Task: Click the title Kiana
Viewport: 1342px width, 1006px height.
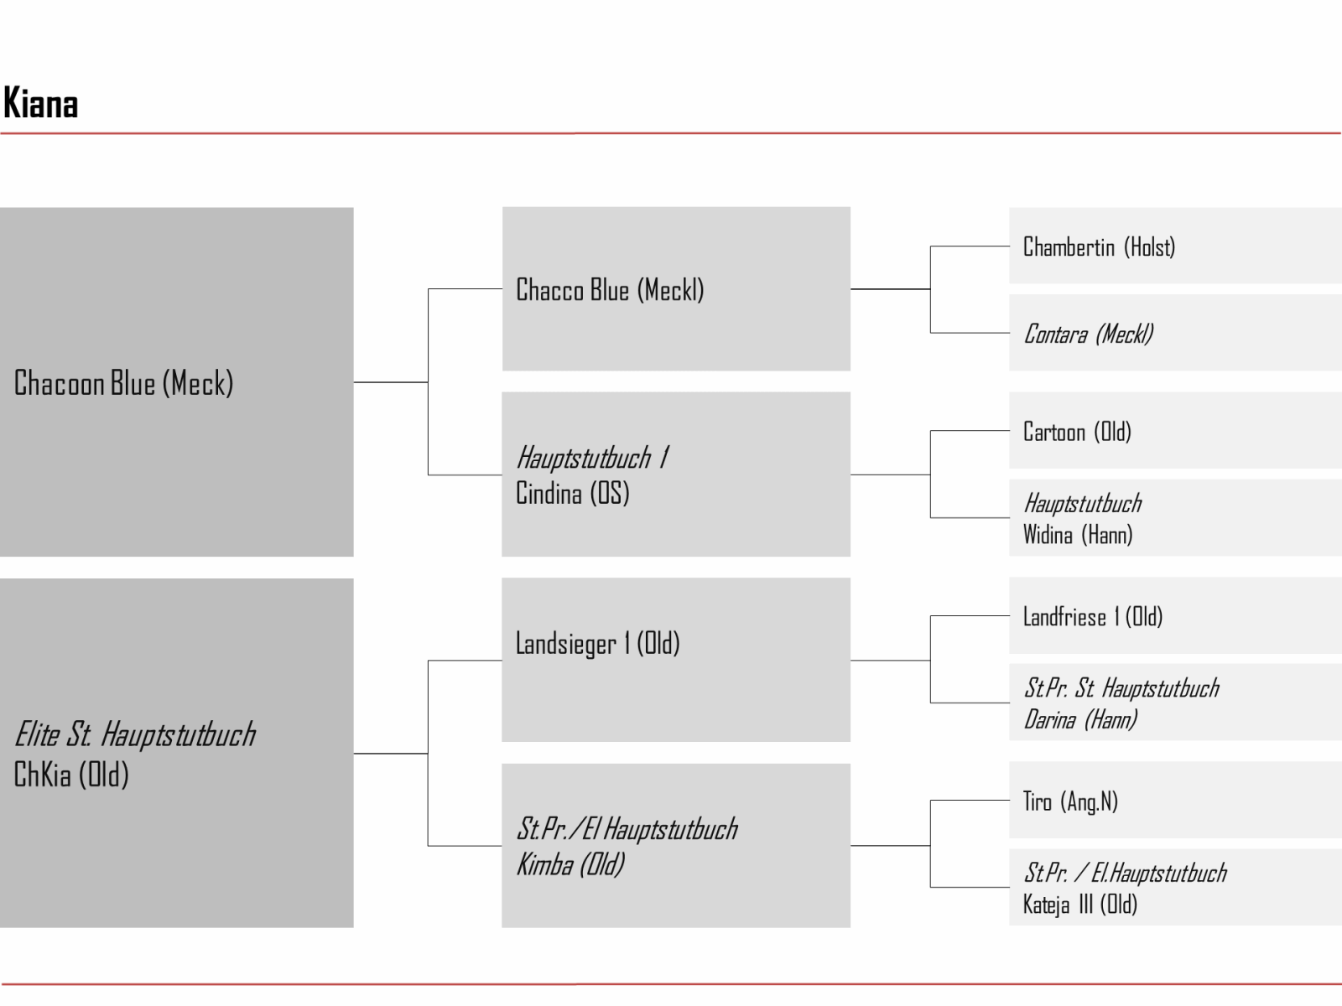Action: [41, 102]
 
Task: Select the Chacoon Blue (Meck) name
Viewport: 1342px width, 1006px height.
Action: [123, 384]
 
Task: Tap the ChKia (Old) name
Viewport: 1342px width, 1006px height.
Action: [71, 775]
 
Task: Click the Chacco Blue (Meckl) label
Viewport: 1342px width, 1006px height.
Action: [610, 289]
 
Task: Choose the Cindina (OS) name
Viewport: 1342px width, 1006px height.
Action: [572, 493]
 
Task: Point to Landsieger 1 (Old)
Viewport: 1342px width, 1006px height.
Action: [597, 643]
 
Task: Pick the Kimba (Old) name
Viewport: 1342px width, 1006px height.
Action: [570, 864]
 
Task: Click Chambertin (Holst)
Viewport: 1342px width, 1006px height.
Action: [1099, 246]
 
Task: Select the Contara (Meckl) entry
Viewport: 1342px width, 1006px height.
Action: [1088, 334]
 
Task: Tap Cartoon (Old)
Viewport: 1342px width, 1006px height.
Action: [1077, 432]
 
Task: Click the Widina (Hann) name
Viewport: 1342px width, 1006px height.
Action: [1077, 535]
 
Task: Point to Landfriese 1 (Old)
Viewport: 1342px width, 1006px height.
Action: [1093, 617]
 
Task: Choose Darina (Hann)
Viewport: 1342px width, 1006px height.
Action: [1080, 719]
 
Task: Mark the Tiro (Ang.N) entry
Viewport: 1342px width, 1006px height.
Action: [1070, 801]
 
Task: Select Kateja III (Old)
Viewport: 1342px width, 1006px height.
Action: [1079, 905]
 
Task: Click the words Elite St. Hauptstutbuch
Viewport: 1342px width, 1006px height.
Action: [135, 734]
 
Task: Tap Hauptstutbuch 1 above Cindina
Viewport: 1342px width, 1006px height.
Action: [593, 458]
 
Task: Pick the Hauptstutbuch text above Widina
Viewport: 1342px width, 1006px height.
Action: [1083, 504]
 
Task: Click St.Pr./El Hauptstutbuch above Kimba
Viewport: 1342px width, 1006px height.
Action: [627, 829]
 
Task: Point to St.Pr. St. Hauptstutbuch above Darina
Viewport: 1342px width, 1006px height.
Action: [1121, 688]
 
